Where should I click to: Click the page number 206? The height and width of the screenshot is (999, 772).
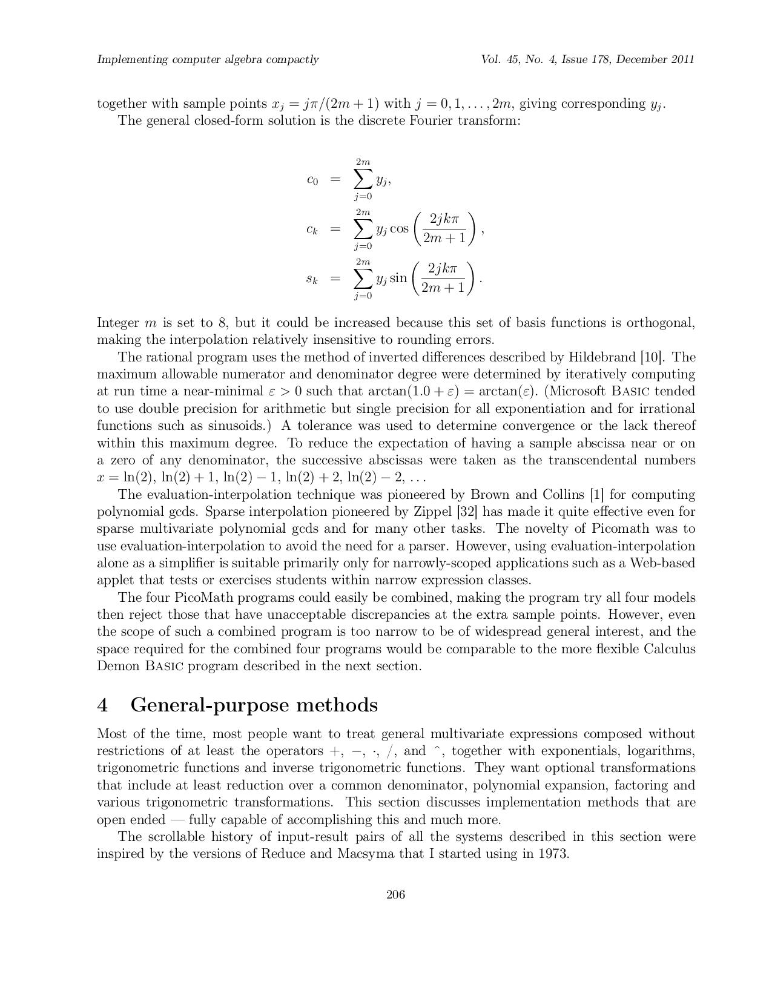(x=395, y=895)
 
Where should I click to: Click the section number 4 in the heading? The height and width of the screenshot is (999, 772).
(x=103, y=705)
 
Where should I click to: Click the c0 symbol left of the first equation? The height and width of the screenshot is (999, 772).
(x=312, y=180)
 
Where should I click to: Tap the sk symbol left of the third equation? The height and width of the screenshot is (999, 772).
(x=312, y=279)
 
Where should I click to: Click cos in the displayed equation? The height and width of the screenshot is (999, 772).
(x=399, y=229)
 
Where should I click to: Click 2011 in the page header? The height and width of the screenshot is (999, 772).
(x=682, y=59)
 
